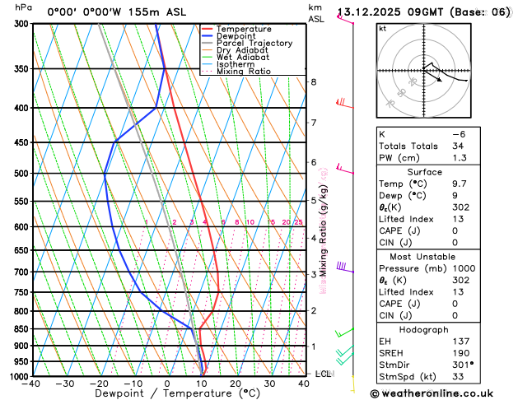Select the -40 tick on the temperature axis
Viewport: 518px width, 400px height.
pos(31,384)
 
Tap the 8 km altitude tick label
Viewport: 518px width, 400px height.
pos(313,82)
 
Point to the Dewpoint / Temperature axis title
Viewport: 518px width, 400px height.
pos(166,394)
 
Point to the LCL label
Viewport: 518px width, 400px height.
pos(324,374)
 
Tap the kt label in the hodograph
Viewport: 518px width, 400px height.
pos(382,29)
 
